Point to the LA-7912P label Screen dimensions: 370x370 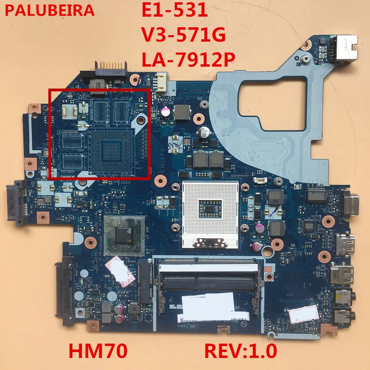coord(189,60)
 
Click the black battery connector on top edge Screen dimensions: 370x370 coord(110,76)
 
